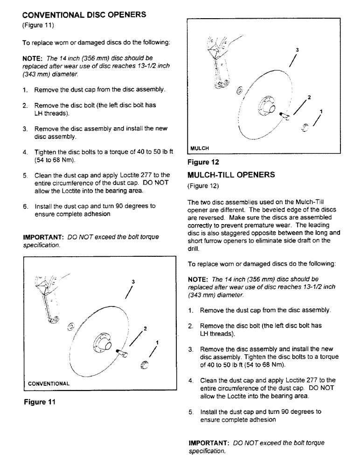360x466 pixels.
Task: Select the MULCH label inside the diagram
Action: coord(199,149)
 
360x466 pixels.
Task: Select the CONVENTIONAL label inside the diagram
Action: coord(49,384)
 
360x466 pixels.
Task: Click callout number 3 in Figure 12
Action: coord(297,50)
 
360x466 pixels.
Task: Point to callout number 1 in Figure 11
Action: coord(157,343)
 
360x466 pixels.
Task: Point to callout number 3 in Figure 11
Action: coord(133,282)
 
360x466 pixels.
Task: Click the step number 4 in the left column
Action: coord(25,152)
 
